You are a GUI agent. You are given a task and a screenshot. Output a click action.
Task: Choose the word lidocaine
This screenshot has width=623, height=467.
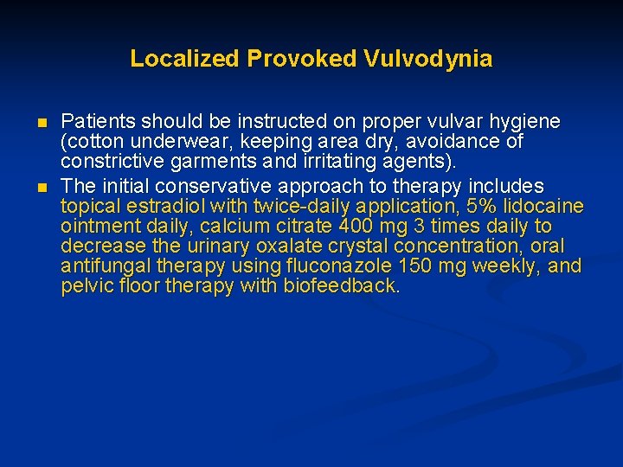coord(543,207)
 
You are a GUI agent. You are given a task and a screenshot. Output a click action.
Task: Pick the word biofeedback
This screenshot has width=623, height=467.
coord(342,286)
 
